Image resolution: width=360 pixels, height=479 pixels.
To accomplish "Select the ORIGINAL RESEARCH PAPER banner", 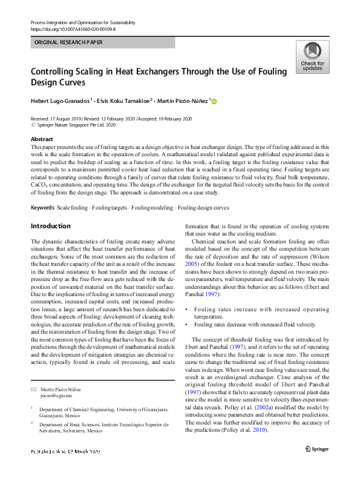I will point(69,43).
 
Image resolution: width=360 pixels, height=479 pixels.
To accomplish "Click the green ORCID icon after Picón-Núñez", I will point(214,101).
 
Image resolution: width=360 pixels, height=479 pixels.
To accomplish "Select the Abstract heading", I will point(42,139).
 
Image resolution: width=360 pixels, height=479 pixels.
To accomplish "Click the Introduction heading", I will point(50,226).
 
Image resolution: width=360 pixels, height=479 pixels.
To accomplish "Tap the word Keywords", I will point(42,208).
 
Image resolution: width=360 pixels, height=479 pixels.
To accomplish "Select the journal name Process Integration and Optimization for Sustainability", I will point(91,22).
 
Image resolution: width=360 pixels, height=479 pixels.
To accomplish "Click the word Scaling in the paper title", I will point(95,71).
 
